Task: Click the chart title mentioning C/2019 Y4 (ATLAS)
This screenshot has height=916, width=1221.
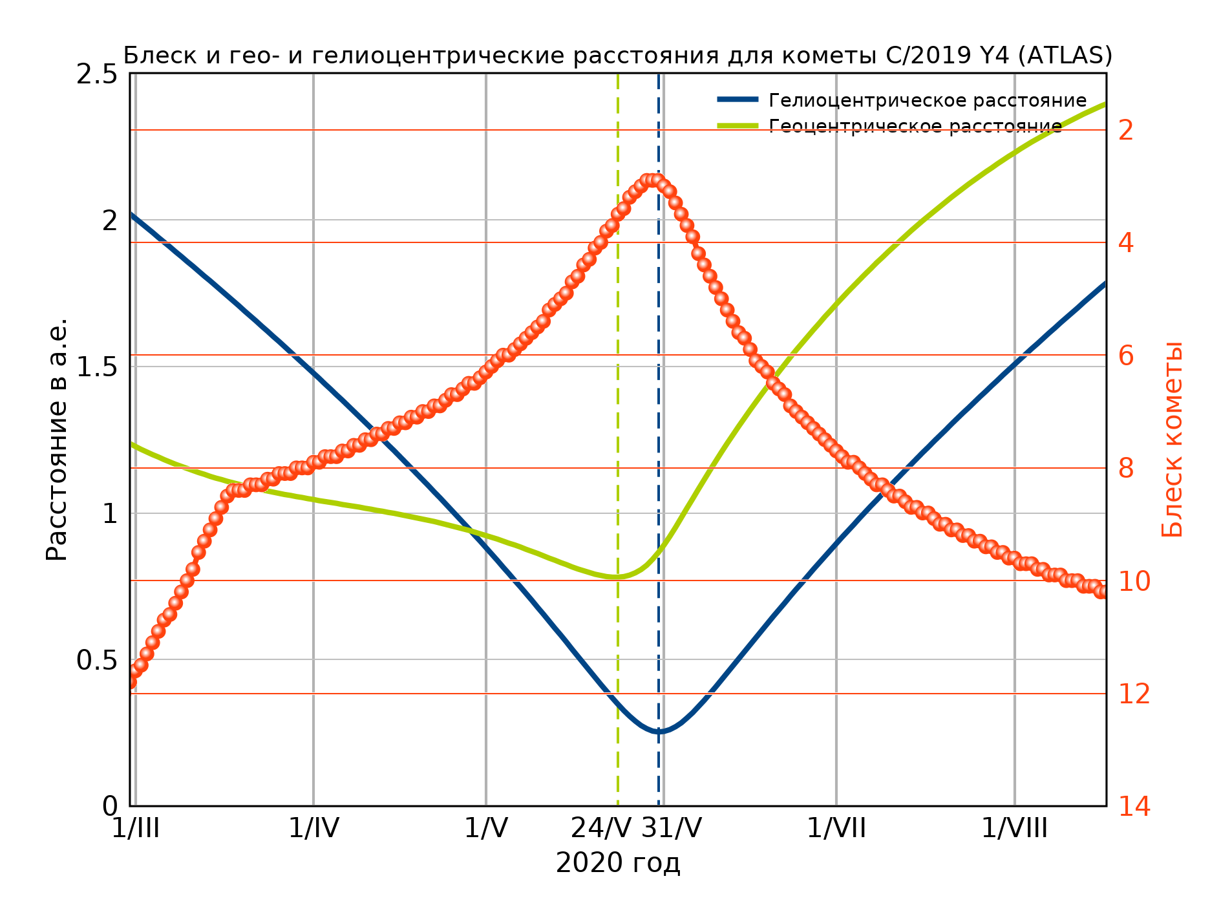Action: (x=617, y=56)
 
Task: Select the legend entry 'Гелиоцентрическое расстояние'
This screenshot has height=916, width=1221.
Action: (x=927, y=101)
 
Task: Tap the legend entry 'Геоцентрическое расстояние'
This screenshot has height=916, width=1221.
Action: (x=915, y=126)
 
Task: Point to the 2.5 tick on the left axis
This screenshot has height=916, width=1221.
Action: (x=97, y=74)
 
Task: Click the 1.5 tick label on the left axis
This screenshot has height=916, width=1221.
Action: (x=97, y=367)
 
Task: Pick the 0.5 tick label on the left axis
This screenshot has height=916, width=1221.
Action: (x=97, y=661)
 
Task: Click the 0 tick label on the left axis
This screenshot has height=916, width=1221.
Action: (x=110, y=807)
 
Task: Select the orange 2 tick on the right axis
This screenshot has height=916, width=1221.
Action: (x=1126, y=131)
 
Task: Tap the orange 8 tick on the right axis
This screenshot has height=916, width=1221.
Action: (x=1126, y=469)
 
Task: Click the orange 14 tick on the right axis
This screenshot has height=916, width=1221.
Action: (x=1134, y=807)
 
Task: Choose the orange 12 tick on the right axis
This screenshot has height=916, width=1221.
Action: (x=1134, y=694)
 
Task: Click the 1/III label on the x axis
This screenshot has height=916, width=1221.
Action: (x=136, y=828)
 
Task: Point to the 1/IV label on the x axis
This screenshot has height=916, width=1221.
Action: (x=313, y=828)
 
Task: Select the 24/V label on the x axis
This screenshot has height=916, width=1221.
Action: (x=600, y=828)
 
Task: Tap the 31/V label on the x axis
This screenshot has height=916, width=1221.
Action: (x=672, y=828)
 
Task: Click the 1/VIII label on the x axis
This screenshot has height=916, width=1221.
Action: (x=1014, y=828)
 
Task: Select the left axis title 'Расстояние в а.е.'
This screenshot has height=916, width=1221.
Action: (x=57, y=440)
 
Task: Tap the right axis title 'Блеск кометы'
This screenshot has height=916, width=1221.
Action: (x=1171, y=440)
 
